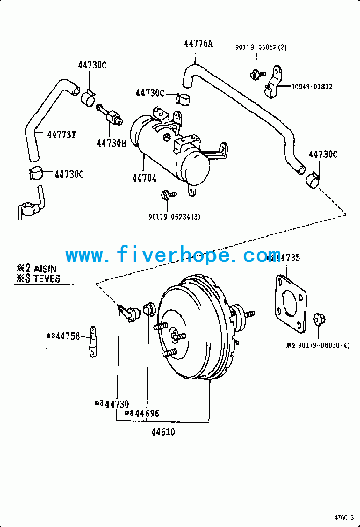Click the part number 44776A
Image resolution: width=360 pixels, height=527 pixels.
pyautogui.click(x=198, y=44)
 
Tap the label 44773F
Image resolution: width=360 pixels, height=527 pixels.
pyautogui.click(x=62, y=134)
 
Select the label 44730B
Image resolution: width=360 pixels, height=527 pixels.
pyautogui.click(x=111, y=143)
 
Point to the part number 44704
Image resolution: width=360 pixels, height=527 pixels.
pyautogui.click(x=144, y=178)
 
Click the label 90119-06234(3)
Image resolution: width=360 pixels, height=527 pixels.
pyautogui.click(x=174, y=217)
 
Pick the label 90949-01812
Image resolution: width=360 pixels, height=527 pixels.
pyautogui.click(x=311, y=87)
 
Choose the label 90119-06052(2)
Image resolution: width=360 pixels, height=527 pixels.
pyautogui.click(x=261, y=47)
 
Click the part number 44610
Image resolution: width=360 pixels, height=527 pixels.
pyautogui.click(x=163, y=432)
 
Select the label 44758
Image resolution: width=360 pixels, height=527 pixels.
pyautogui.click(x=68, y=336)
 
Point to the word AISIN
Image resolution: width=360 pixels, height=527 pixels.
pyautogui.click(x=45, y=269)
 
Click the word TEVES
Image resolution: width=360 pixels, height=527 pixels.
pyautogui.click(x=47, y=278)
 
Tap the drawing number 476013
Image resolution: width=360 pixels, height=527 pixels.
pyautogui.click(x=344, y=518)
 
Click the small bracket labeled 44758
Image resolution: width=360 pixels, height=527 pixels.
pyautogui.click(x=94, y=341)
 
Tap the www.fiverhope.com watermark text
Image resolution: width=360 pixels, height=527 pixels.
pyautogui.click(x=173, y=255)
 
